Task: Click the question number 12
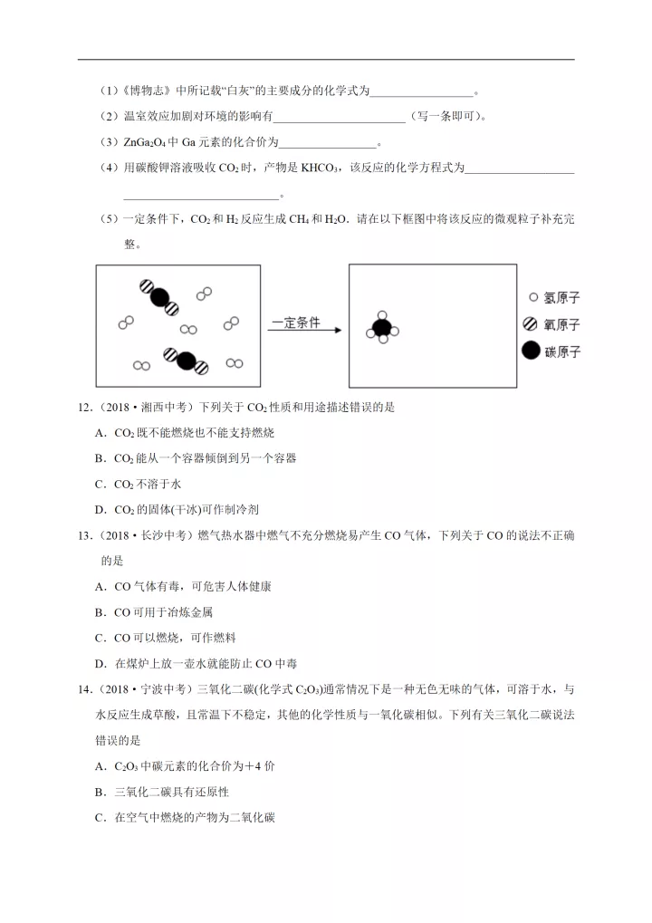pos(84,408)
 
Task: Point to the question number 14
pos(84,688)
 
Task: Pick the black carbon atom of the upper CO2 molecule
pos(159,296)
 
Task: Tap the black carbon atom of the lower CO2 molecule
pos(186,361)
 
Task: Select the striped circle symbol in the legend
pos(531,324)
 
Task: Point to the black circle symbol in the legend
pos(531,351)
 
